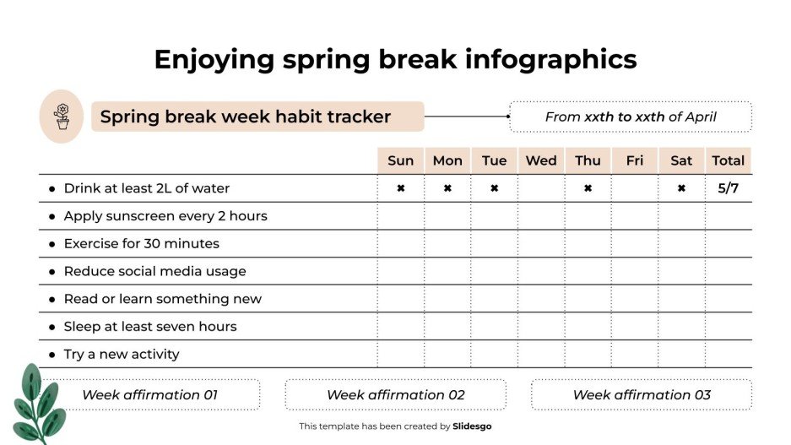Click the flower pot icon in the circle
click(62, 117)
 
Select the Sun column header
click(400, 160)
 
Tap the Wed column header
click(541, 160)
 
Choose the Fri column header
click(635, 160)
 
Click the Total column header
click(728, 160)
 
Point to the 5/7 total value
click(728, 188)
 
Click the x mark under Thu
click(588, 188)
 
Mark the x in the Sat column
click(681, 188)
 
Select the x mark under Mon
click(447, 188)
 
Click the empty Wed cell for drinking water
click(541, 188)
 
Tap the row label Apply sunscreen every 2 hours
click(165, 216)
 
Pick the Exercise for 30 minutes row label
click(141, 244)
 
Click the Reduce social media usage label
click(154, 272)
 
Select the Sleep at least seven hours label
click(150, 327)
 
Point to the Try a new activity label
click(122, 355)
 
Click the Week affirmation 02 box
click(395, 394)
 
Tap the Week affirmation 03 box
click(641, 394)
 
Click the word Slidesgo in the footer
click(472, 426)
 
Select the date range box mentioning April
click(630, 117)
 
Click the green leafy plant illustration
click(36, 404)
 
